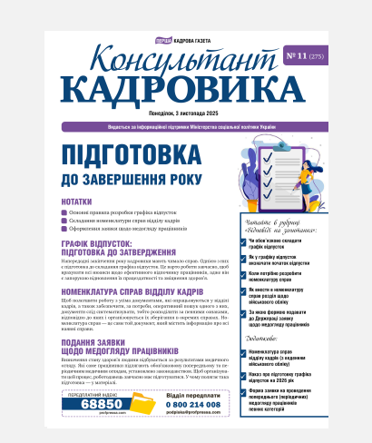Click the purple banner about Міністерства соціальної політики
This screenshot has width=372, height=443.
click(186, 126)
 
